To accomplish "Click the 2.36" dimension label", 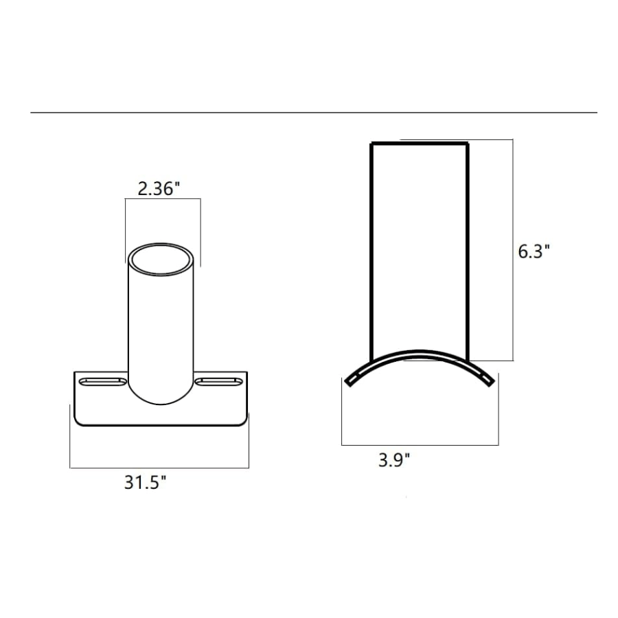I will (159, 188).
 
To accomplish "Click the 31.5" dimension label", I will (146, 483).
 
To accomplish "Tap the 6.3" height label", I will (534, 251).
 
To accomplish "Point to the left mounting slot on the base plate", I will (103, 381).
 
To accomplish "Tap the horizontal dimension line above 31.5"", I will (159, 468).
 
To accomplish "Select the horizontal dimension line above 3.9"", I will (420, 444).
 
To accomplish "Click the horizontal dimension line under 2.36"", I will (163, 199).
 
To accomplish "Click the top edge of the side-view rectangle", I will (420, 144).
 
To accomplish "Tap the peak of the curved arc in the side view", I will (420, 352).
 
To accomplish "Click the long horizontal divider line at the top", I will (313, 113).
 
